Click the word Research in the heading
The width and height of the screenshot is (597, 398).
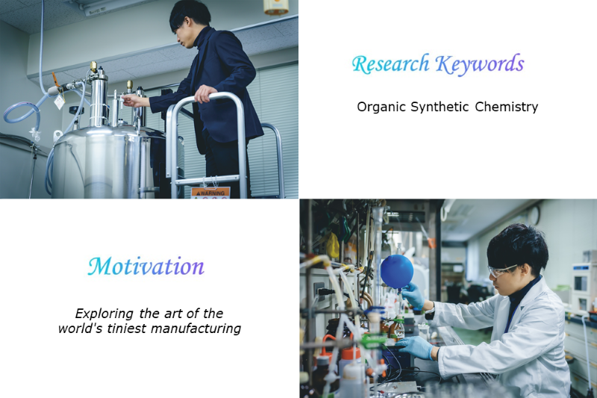point(390,64)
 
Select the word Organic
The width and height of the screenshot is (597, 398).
point(381,107)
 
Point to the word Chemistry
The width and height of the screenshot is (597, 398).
point(507,107)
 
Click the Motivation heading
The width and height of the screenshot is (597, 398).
point(146,267)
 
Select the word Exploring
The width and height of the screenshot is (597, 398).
point(104,314)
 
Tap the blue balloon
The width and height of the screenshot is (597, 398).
point(397,272)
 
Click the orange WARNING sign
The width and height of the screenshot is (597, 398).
point(210,193)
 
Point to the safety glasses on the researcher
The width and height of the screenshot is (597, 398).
point(501,270)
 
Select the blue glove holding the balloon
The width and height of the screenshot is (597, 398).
point(413,294)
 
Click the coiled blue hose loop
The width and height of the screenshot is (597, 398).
point(22,114)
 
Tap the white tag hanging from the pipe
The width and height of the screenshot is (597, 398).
point(59,102)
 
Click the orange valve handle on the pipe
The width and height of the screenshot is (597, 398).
point(55,80)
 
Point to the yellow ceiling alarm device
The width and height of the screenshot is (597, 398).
point(276,7)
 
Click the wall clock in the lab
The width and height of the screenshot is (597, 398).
point(535,215)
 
